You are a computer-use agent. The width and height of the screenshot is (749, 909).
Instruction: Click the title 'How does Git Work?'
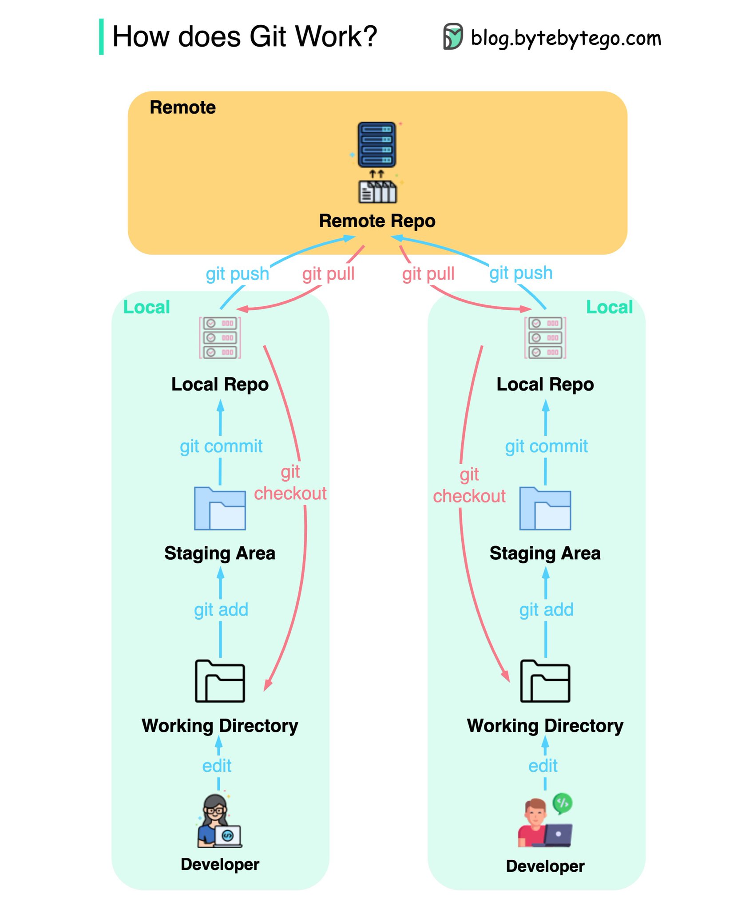245,36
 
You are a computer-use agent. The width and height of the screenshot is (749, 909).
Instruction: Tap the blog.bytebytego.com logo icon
453,36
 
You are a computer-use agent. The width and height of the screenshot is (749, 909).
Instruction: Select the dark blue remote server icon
377,145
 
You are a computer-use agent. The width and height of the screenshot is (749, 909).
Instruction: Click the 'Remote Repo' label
377,221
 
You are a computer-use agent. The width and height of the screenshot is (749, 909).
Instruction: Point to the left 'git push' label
238,274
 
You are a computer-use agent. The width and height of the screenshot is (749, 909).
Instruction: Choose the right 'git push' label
521,273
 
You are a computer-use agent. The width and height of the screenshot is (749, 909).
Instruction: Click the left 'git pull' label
329,274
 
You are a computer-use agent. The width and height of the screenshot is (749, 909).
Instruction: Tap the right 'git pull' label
428,274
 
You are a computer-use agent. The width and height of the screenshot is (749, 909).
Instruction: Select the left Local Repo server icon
220,338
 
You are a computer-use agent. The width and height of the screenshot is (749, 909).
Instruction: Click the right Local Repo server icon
545,338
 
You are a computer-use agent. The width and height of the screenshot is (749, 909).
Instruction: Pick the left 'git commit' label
221,447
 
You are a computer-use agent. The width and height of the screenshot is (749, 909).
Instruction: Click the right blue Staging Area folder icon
545,509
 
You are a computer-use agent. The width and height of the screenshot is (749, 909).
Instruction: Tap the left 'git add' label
221,610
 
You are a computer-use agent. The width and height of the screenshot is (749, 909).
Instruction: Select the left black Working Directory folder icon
220,681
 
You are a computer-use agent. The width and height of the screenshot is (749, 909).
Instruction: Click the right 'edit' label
543,766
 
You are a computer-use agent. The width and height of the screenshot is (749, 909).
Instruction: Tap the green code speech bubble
563,803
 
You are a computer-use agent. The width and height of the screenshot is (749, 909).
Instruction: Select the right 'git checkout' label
469,486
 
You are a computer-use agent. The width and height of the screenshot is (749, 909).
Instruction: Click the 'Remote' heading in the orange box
183,107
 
